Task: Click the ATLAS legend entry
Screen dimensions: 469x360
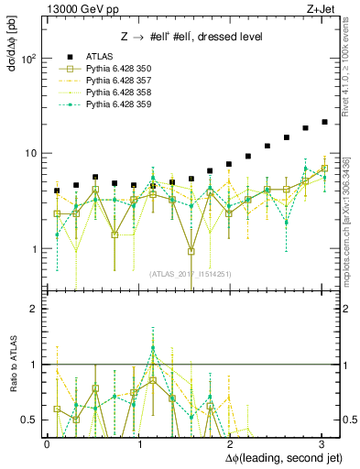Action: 101,57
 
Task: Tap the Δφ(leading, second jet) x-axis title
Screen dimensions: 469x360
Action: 277,455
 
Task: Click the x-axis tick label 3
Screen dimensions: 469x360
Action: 322,442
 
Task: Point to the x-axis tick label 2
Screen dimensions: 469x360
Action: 231,442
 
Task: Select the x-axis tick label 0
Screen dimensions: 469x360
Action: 48,442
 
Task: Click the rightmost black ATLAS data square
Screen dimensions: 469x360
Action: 324,122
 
